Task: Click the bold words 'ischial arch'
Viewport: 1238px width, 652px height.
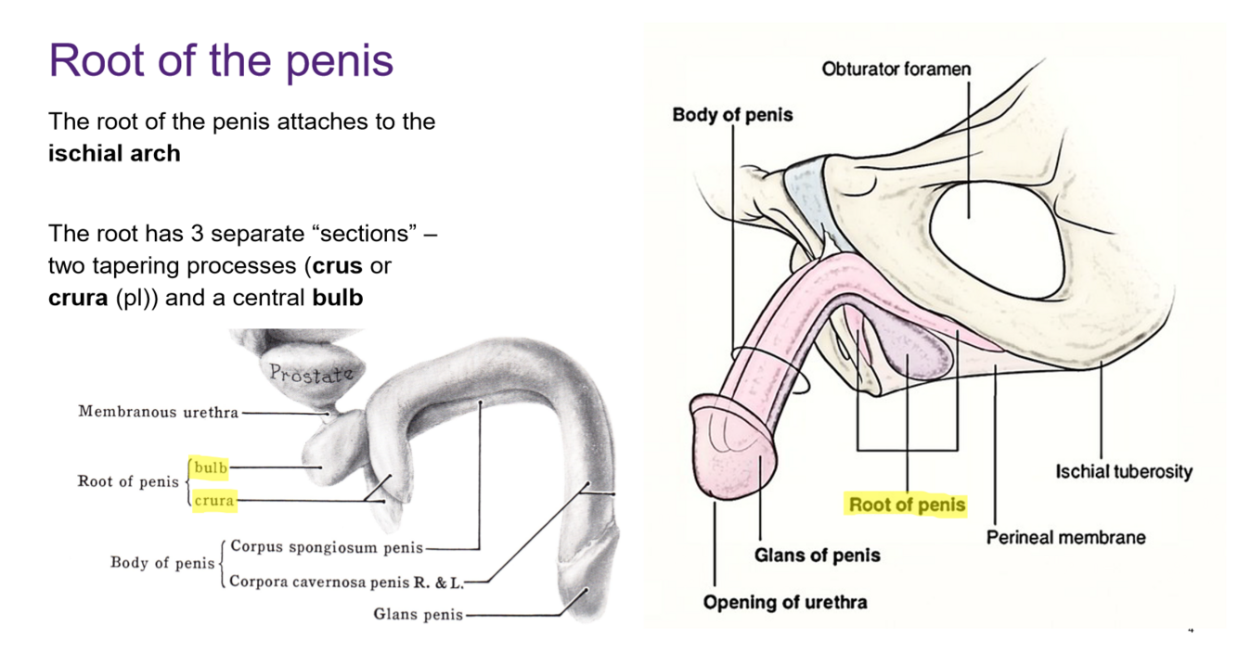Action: tap(114, 153)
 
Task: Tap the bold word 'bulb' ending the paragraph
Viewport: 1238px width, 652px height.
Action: tap(337, 300)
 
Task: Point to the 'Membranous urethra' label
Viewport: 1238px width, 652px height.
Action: tap(158, 412)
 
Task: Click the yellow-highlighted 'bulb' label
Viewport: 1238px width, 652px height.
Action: tap(211, 467)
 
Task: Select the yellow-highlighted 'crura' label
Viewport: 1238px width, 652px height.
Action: tap(214, 501)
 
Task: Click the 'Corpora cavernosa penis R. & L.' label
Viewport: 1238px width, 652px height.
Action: tap(345, 582)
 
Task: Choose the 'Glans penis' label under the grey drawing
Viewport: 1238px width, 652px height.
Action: tap(417, 614)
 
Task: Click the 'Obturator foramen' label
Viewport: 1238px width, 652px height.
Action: tap(896, 70)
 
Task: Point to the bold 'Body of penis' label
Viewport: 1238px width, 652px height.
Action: tap(732, 115)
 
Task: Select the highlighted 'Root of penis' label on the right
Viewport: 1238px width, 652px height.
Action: tap(907, 505)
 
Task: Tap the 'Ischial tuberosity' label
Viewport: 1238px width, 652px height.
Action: tap(1123, 472)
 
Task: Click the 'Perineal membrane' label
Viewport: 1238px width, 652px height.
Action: tap(1065, 537)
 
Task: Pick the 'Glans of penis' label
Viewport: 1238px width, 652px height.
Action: tap(817, 556)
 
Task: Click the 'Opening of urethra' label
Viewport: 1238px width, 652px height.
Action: tap(784, 602)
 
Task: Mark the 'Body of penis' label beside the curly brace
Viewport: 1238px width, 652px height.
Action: tap(162, 563)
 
